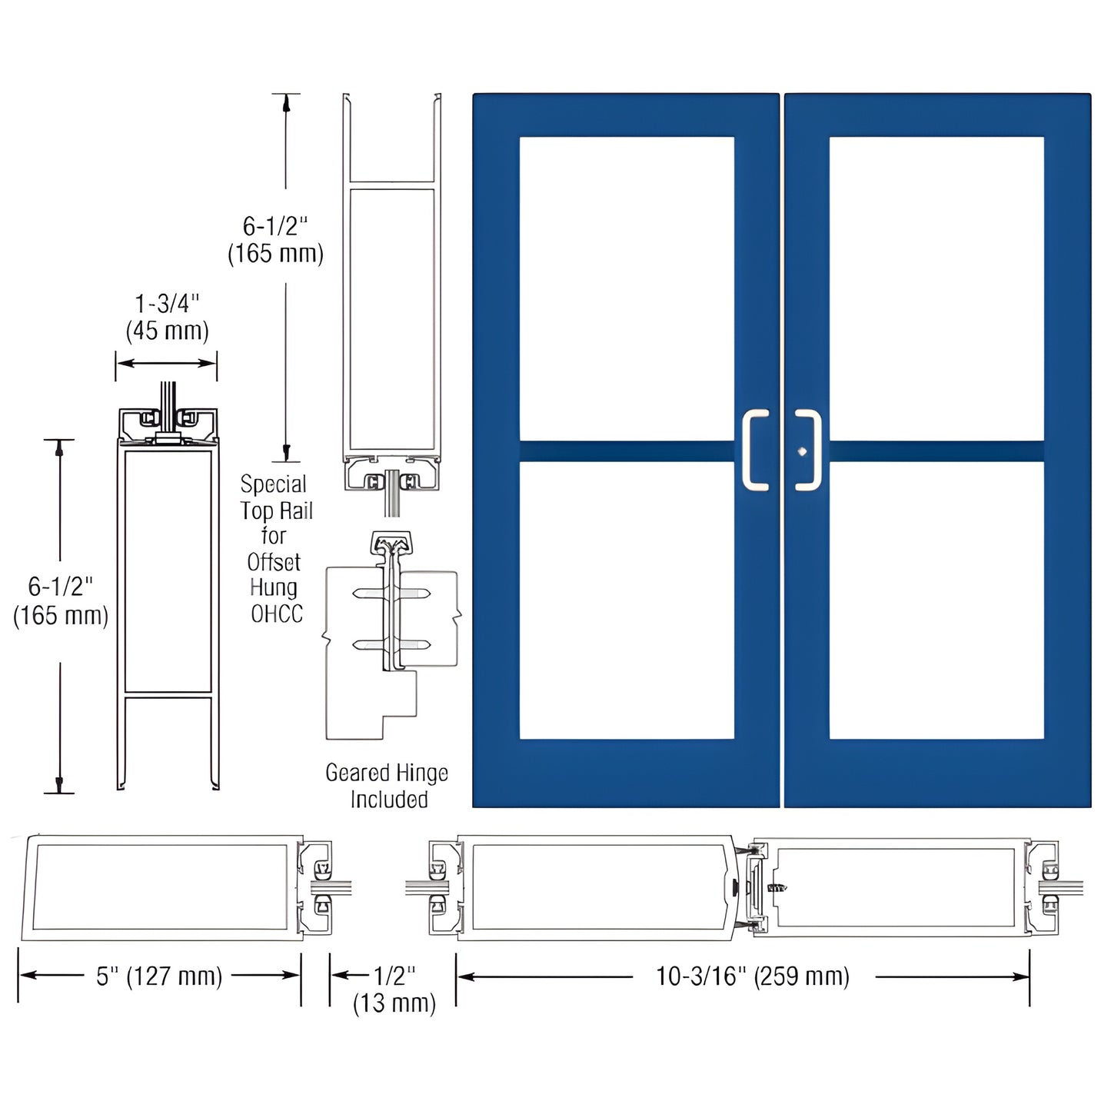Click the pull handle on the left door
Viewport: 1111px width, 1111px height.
click(755, 451)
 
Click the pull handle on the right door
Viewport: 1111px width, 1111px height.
click(808, 451)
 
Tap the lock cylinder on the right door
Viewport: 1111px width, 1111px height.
click(802, 451)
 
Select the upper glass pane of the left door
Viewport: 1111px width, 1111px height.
click(627, 288)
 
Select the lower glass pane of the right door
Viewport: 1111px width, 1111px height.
click(936, 600)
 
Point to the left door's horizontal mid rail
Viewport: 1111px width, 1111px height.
click(627, 451)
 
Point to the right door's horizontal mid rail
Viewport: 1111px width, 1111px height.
click(936, 451)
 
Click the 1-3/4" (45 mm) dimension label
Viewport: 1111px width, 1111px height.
click(167, 317)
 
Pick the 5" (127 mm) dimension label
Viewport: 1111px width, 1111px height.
click(159, 976)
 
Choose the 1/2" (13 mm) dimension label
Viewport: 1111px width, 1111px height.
click(394, 989)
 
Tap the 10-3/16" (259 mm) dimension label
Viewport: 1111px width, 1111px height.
click(752, 976)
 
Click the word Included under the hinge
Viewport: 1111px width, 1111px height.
click(389, 800)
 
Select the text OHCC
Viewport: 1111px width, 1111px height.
click(277, 614)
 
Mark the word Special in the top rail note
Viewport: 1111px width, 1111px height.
click(273, 484)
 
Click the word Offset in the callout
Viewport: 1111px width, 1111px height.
click(274, 562)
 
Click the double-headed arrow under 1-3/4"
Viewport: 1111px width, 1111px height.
click(166, 363)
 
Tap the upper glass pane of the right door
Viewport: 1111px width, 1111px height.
click(936, 288)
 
